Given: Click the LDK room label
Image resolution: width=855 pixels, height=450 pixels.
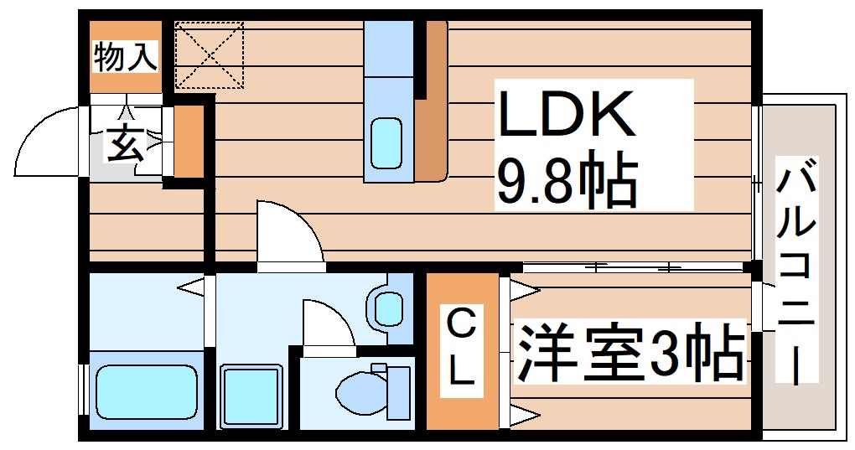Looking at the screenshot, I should click(x=567, y=116).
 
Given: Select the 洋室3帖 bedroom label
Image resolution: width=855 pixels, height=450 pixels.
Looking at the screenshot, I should click(x=630, y=353).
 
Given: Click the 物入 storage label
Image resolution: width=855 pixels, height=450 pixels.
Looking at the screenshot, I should click(x=125, y=57).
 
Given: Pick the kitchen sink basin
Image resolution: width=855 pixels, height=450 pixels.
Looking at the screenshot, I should click(x=386, y=142).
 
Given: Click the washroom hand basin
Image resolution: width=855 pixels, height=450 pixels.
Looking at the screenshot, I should click(x=388, y=308).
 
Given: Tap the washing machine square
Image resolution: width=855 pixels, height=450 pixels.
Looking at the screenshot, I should click(x=251, y=395).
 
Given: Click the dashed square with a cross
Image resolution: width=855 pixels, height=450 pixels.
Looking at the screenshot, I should click(x=209, y=55).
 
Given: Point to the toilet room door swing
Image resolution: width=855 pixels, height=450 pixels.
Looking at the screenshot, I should click(x=327, y=323).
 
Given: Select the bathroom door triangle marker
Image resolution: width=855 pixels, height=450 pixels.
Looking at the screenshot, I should click(x=191, y=287).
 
